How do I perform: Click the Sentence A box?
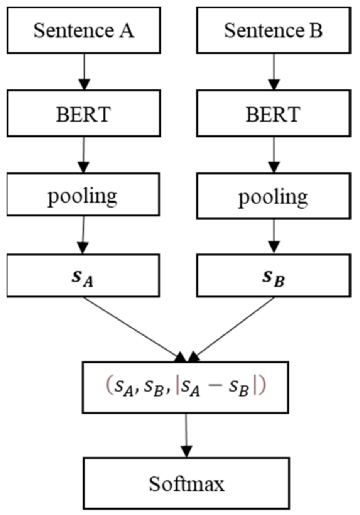[83, 30]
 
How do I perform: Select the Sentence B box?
[273, 30]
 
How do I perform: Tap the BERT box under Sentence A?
[83, 113]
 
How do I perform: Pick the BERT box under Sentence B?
[273, 113]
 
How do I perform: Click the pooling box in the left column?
[83, 194]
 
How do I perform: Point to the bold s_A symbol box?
[83, 275]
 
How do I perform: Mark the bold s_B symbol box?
[273, 275]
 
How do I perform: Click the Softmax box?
[186, 483]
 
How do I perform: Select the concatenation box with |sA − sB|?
[185, 387]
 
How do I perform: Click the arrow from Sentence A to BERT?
[84, 72]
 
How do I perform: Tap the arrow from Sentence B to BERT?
[274, 72]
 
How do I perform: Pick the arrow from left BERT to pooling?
[84, 154]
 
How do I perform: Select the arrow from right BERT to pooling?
[274, 154]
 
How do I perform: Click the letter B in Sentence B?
[316, 30]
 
